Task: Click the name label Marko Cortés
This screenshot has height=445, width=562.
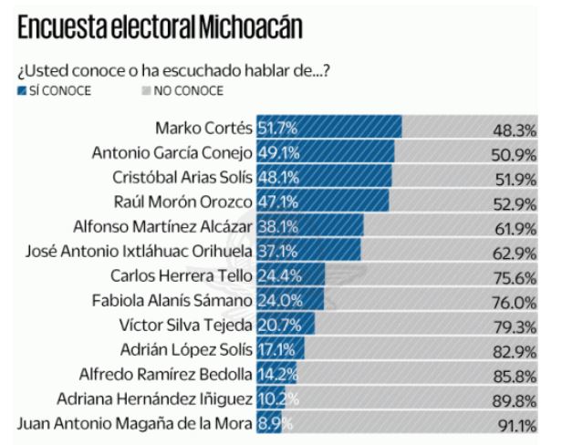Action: point(206,128)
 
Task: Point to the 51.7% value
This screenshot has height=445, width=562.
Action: point(277,128)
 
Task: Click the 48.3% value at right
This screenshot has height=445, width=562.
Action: point(514,129)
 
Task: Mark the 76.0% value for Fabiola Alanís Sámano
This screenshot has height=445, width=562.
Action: point(514,301)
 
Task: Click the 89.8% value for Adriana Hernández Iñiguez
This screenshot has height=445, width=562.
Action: point(514,399)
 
